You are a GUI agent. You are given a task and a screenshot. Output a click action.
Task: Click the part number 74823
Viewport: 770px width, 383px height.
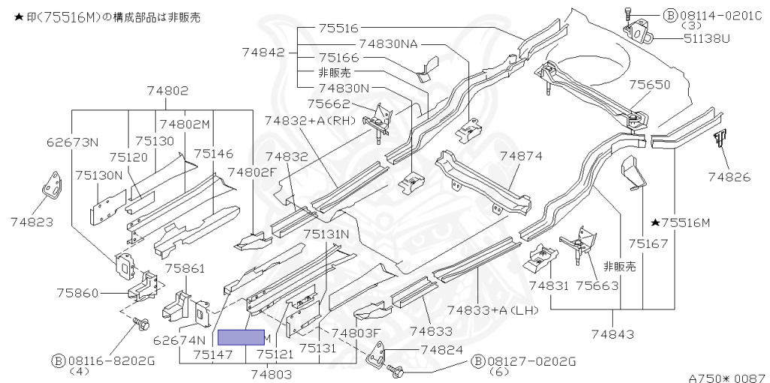pyautogui.click(x=32, y=222)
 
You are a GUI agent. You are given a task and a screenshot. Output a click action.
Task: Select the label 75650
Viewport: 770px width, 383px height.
pyautogui.click(x=649, y=85)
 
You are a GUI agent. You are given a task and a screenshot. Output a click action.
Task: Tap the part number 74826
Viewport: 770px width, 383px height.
pyautogui.click(x=729, y=176)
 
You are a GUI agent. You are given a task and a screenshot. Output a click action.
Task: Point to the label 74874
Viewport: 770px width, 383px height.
pyautogui.click(x=521, y=156)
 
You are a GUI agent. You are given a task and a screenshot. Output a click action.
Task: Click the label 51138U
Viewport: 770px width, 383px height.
pyautogui.click(x=706, y=38)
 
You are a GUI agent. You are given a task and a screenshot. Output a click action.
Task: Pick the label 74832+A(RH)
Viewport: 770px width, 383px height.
pyautogui.click(x=310, y=121)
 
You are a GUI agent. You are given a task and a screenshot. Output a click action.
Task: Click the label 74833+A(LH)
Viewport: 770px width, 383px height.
pyautogui.click(x=493, y=310)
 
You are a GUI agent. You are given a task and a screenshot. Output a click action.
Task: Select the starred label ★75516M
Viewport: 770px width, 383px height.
pyautogui.click(x=680, y=223)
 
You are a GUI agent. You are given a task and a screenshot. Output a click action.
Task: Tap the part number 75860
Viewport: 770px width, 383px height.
pyautogui.click(x=77, y=293)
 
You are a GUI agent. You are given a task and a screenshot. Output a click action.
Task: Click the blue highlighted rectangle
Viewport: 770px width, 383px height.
pyautogui.click(x=241, y=337)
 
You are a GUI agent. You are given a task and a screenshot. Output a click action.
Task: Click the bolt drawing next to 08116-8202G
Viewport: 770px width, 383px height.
pyautogui.click(x=140, y=324)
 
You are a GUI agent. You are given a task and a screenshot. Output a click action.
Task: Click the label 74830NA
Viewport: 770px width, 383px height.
pyautogui.click(x=388, y=44)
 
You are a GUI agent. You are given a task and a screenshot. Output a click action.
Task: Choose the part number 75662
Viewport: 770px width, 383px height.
pyautogui.click(x=336, y=104)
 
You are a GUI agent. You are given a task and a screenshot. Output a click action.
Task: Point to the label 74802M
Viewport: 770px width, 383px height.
pyautogui.click(x=185, y=124)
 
